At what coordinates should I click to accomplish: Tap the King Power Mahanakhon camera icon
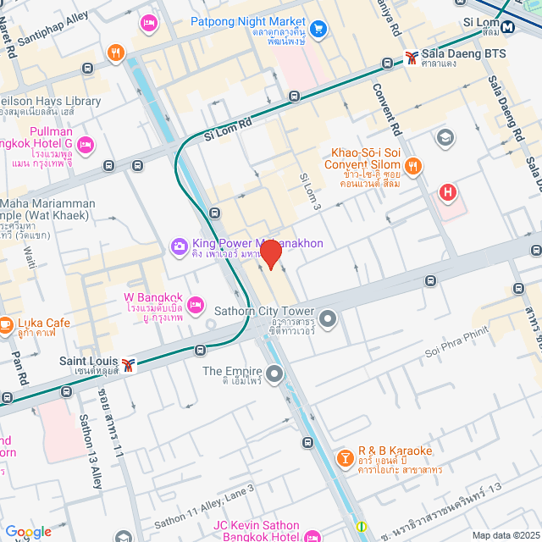(x=179, y=246)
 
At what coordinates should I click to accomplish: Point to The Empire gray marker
(x=274, y=373)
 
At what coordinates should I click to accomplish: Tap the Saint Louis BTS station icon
(x=128, y=364)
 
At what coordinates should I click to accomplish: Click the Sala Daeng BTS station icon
(x=411, y=58)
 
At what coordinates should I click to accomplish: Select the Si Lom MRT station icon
(x=509, y=26)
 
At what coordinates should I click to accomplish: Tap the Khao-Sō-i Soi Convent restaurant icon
(x=413, y=165)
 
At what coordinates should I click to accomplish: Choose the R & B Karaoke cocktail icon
(x=345, y=458)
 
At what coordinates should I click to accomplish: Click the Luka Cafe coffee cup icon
(x=4, y=324)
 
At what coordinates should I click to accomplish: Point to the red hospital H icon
(x=447, y=194)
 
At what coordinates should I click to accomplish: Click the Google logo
(x=28, y=532)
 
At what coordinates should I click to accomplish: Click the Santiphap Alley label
(x=53, y=28)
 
